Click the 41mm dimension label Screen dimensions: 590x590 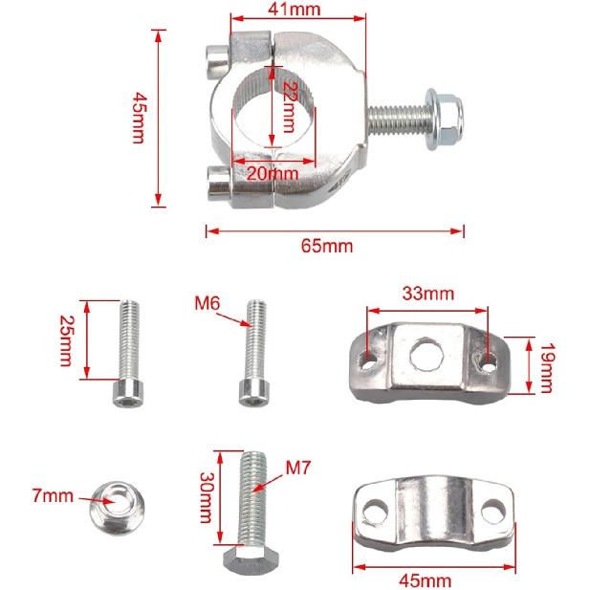click(x=295, y=10)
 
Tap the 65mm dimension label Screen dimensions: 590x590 click(x=327, y=246)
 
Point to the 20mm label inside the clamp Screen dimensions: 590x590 click(x=273, y=173)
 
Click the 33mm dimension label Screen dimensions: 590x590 click(x=427, y=294)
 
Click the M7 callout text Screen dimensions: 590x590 click(x=299, y=470)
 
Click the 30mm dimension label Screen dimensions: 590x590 click(x=203, y=497)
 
